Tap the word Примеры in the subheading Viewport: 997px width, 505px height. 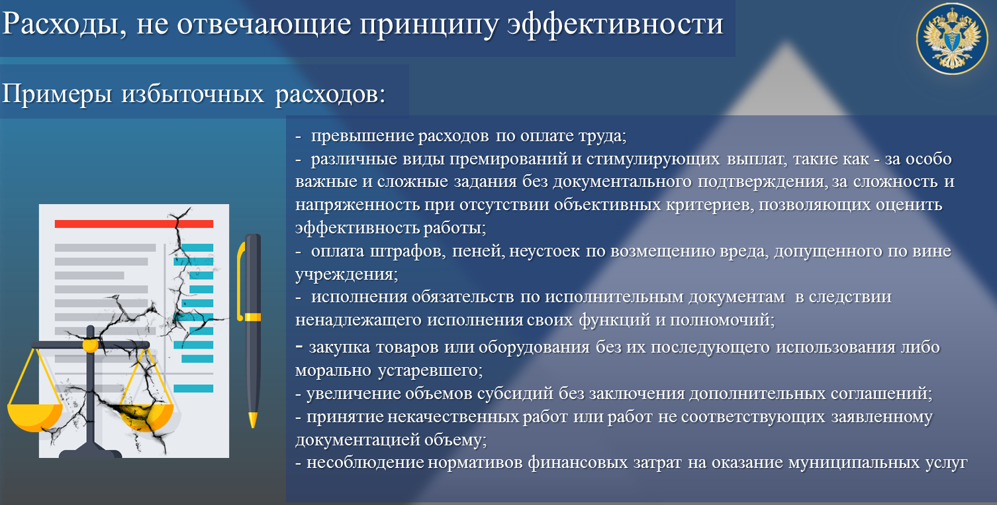pos(56,94)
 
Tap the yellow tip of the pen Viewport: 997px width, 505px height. pos(252,420)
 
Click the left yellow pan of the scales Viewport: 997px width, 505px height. pos(34,416)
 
